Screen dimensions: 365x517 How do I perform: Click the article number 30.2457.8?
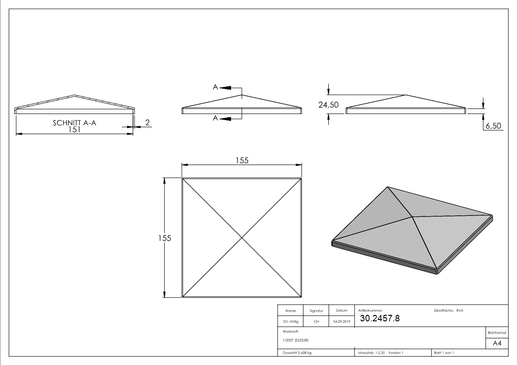click(x=380, y=318)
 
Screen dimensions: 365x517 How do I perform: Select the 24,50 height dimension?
click(x=328, y=105)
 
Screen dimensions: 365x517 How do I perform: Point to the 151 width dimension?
click(x=75, y=130)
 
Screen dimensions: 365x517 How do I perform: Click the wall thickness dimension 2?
click(x=147, y=122)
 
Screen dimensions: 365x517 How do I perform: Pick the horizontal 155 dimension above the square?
click(x=242, y=160)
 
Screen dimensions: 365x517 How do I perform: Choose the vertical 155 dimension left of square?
click(x=165, y=238)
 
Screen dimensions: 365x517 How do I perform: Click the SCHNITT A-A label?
click(x=75, y=123)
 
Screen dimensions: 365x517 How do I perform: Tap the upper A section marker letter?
click(x=215, y=87)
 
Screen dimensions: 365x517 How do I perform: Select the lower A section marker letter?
click(x=215, y=119)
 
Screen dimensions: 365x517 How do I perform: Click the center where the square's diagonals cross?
click(x=242, y=238)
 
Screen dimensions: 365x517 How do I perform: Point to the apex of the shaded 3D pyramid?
click(x=412, y=216)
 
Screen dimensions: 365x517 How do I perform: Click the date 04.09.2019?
click(x=341, y=321)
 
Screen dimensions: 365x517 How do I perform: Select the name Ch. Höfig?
click(x=290, y=321)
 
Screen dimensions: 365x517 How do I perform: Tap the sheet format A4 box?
click(x=497, y=343)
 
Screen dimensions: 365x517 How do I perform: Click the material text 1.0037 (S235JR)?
click(x=296, y=340)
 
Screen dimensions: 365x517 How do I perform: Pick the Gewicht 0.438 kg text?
click(x=297, y=353)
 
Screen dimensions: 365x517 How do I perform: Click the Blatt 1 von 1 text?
click(x=444, y=353)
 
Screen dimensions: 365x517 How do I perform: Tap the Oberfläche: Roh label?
click(x=448, y=310)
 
